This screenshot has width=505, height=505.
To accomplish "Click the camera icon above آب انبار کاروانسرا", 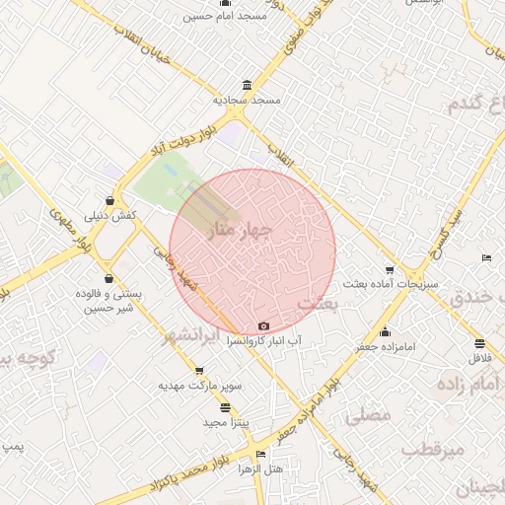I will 262,326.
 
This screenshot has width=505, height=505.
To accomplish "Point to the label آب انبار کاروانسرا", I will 262,340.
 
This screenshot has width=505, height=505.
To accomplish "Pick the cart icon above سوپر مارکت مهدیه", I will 175,370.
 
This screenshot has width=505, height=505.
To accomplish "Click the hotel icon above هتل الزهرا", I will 260,455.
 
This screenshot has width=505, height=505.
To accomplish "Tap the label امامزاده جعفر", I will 385,347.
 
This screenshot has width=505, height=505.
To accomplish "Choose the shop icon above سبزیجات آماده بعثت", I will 390,270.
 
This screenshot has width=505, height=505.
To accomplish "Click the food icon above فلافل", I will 479,344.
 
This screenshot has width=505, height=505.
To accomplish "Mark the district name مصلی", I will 369,416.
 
